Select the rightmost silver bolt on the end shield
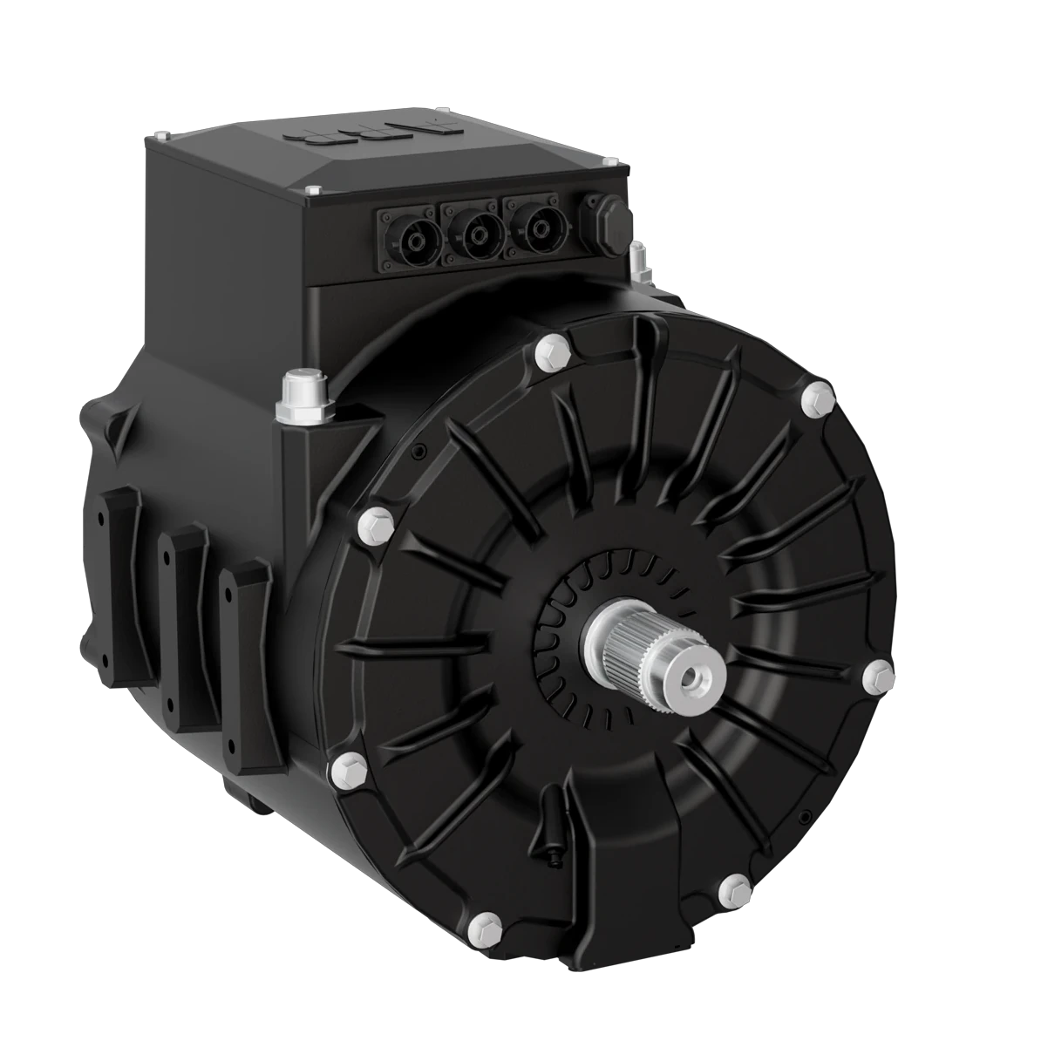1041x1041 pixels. point(877,677)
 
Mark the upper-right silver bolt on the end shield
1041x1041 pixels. point(817,398)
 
